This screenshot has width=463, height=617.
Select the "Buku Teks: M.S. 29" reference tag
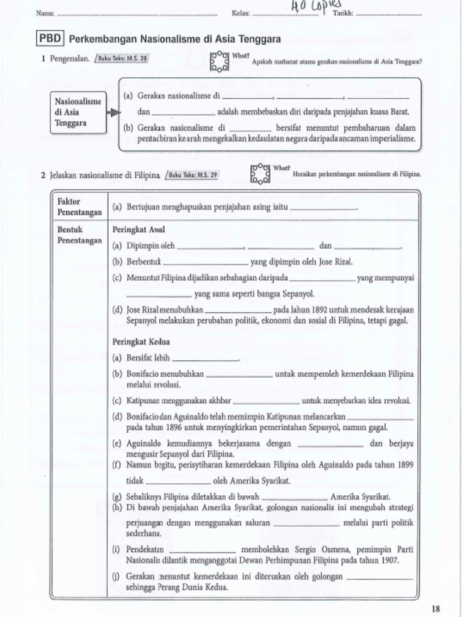pyautogui.click(x=193, y=175)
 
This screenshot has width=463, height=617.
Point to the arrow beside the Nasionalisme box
pyautogui.click(x=112, y=112)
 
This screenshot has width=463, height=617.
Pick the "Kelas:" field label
pyautogui.click(x=241, y=13)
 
